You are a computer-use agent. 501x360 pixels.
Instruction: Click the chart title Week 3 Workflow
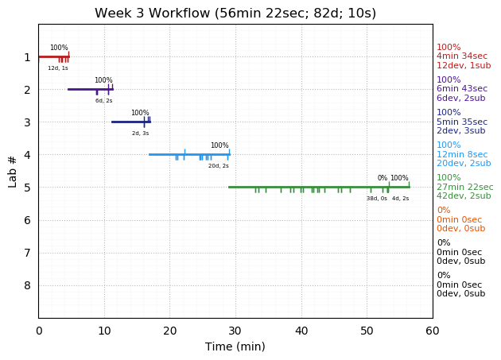pyautogui.click(x=235, y=14)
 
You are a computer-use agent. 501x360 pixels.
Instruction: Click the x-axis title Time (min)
pyautogui.click(x=235, y=346)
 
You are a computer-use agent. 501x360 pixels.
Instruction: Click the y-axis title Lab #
pyautogui.click(x=13, y=171)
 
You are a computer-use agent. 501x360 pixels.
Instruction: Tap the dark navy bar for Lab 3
pyautogui.click(x=127, y=122)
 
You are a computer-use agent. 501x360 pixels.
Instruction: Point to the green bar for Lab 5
pyautogui.click(x=318, y=187)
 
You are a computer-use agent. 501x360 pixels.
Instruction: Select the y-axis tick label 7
pyautogui.click(x=27, y=253)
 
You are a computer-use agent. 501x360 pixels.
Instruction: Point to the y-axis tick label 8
pyautogui.click(x=27, y=285)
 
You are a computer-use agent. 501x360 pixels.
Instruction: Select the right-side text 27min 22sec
pyautogui.click(x=464, y=187)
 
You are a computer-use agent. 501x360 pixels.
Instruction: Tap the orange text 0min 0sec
pyautogui.click(x=459, y=219)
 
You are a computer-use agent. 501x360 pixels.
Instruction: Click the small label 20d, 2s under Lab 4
pyautogui.click(x=219, y=166)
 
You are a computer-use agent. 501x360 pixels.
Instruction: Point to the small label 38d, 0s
pyautogui.click(x=377, y=199)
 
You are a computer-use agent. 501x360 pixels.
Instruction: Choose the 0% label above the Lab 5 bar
pyautogui.click(x=383, y=178)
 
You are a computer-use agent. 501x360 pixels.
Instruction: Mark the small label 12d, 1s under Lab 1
pyautogui.click(x=58, y=68)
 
